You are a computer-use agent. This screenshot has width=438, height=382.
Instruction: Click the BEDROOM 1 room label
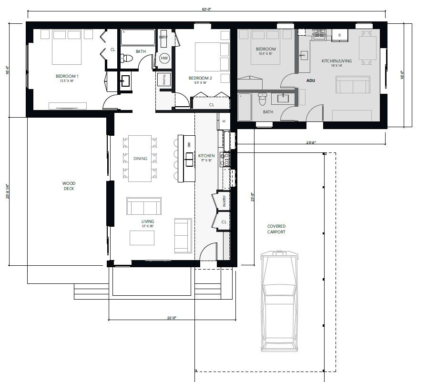[x=67, y=76]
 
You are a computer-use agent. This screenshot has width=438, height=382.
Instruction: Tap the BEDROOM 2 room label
[x=200, y=78]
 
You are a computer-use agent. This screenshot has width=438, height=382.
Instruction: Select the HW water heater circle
[x=164, y=58]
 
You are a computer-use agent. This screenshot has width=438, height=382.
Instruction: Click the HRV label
[x=163, y=37]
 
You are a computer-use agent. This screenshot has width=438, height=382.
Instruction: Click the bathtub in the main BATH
[x=138, y=37]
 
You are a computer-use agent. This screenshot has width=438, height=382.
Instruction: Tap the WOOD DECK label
[x=69, y=186]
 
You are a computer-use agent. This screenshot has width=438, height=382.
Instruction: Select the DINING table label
[x=140, y=159]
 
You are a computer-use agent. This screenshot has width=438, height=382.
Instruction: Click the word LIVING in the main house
[x=147, y=221]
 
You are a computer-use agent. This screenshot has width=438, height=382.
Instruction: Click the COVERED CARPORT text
[x=276, y=229]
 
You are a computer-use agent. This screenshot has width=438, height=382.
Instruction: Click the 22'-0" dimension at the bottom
[x=173, y=318]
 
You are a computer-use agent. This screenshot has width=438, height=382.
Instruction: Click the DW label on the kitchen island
[x=189, y=144]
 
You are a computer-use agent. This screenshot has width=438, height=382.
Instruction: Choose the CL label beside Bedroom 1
[x=112, y=49]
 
